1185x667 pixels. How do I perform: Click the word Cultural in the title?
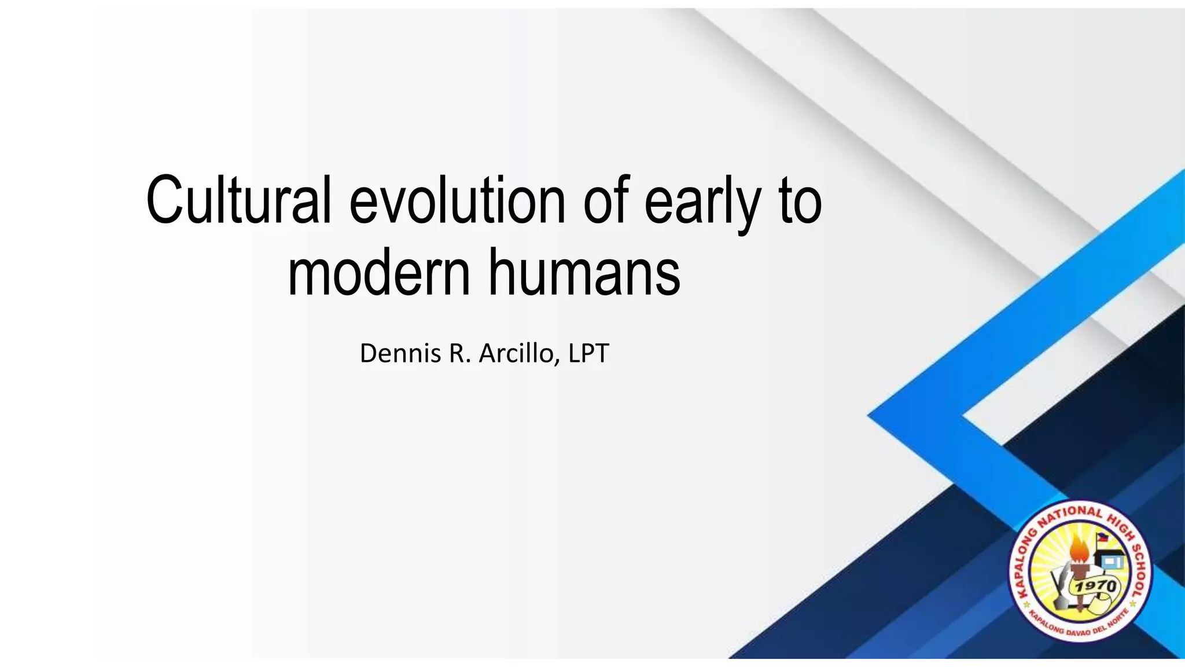tap(238, 200)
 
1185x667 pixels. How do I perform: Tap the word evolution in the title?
tap(457, 200)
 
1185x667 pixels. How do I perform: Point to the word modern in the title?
tap(379, 272)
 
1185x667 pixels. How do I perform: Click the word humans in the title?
tap(584, 272)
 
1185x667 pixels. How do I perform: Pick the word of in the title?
tap(605, 200)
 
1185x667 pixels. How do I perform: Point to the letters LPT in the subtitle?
tap(588, 353)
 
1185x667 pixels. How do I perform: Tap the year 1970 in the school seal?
tap(1095, 587)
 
